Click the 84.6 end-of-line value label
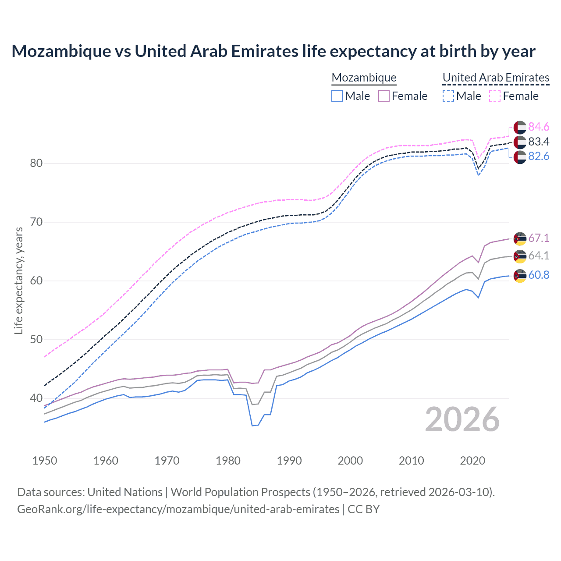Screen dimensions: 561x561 [539, 127]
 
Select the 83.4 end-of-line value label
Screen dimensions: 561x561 [539, 142]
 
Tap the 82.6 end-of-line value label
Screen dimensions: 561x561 [539, 156]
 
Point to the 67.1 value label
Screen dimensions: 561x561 [539, 238]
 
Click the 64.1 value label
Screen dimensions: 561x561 [539, 256]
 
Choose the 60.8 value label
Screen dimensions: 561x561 [539, 275]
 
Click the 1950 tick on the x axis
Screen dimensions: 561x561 [45, 461]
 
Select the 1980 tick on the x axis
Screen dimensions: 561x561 [228, 461]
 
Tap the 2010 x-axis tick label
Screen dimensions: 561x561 [411, 461]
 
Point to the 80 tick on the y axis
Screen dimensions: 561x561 [36, 163]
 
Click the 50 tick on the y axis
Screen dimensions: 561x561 [36, 340]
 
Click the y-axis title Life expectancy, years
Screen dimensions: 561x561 [18, 280]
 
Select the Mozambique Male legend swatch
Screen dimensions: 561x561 [337, 96]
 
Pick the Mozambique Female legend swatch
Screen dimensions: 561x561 [383, 96]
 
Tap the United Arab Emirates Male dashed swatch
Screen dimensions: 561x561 [448, 96]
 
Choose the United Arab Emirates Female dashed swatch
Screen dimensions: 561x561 [494, 96]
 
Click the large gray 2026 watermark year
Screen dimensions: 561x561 [462, 419]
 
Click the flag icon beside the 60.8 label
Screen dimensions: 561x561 [520, 276]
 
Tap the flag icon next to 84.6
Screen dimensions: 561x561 [520, 128]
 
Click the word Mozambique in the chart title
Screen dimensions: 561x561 [61, 51]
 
